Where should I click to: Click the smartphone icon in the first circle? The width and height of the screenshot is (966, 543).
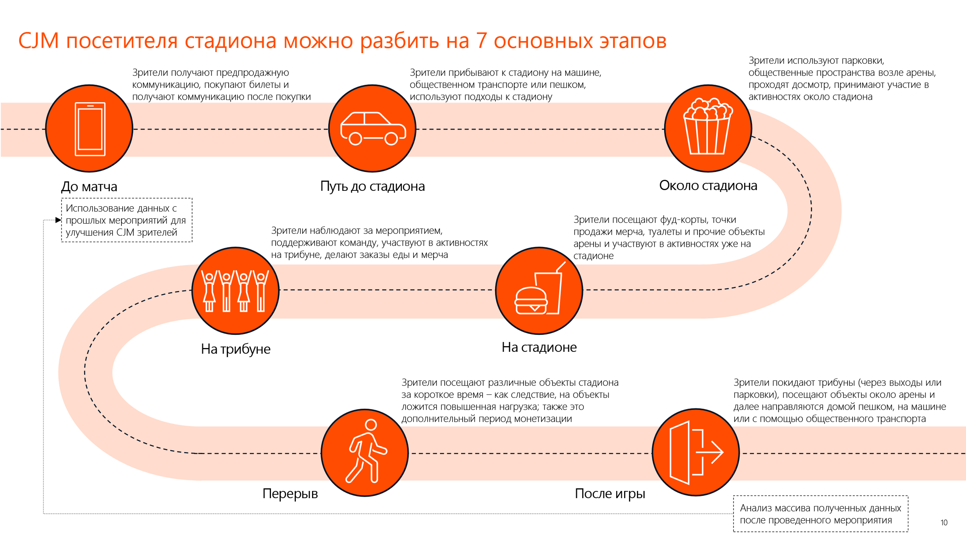[90, 129]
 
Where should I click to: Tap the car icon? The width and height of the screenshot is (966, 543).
[373, 128]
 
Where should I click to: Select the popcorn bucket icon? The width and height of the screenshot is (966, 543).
[708, 126]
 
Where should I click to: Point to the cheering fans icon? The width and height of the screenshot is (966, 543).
[235, 291]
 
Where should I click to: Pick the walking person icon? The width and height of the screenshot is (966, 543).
[366, 451]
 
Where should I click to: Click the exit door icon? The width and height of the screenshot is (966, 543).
[696, 452]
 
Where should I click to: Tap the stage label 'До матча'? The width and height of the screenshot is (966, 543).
[89, 187]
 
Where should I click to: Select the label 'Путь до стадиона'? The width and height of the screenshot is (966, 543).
[372, 186]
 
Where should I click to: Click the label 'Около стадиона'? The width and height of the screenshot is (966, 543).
[708, 186]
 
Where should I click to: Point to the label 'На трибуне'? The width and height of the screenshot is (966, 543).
[235, 349]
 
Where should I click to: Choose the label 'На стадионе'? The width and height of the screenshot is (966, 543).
[539, 347]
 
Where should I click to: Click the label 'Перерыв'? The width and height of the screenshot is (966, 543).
[290, 494]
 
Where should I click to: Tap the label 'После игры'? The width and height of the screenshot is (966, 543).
[610, 494]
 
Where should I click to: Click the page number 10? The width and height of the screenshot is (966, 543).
[944, 523]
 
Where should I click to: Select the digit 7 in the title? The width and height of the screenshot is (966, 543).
[481, 41]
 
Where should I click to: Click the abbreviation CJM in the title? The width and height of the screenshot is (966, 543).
[39, 41]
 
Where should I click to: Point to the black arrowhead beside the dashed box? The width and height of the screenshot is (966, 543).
[58, 220]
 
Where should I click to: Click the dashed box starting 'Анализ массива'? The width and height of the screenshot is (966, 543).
[820, 514]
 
